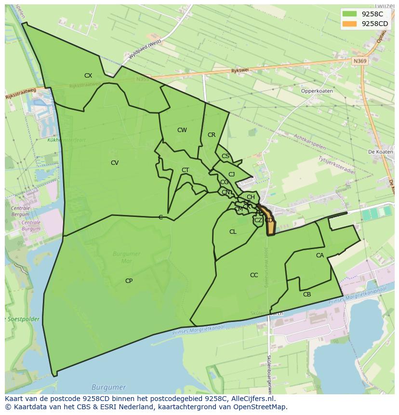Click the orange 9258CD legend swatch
pos(350,24)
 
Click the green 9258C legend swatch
pos(350,14)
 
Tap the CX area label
pos(88,76)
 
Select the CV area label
pos(115,163)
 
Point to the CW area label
pos(182,130)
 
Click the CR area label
pos(212,135)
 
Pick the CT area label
pos(185,170)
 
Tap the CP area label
pos(129,281)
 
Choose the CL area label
pos(233,232)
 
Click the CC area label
pos(254,275)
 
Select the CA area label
pos(320,255)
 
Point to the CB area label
pos(307,295)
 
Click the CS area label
pos(226,156)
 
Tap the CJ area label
pos(231,174)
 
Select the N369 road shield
pos(359,61)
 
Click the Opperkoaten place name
pos(317,91)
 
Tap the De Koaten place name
pos(380,152)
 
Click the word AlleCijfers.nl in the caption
pos(253,399)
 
